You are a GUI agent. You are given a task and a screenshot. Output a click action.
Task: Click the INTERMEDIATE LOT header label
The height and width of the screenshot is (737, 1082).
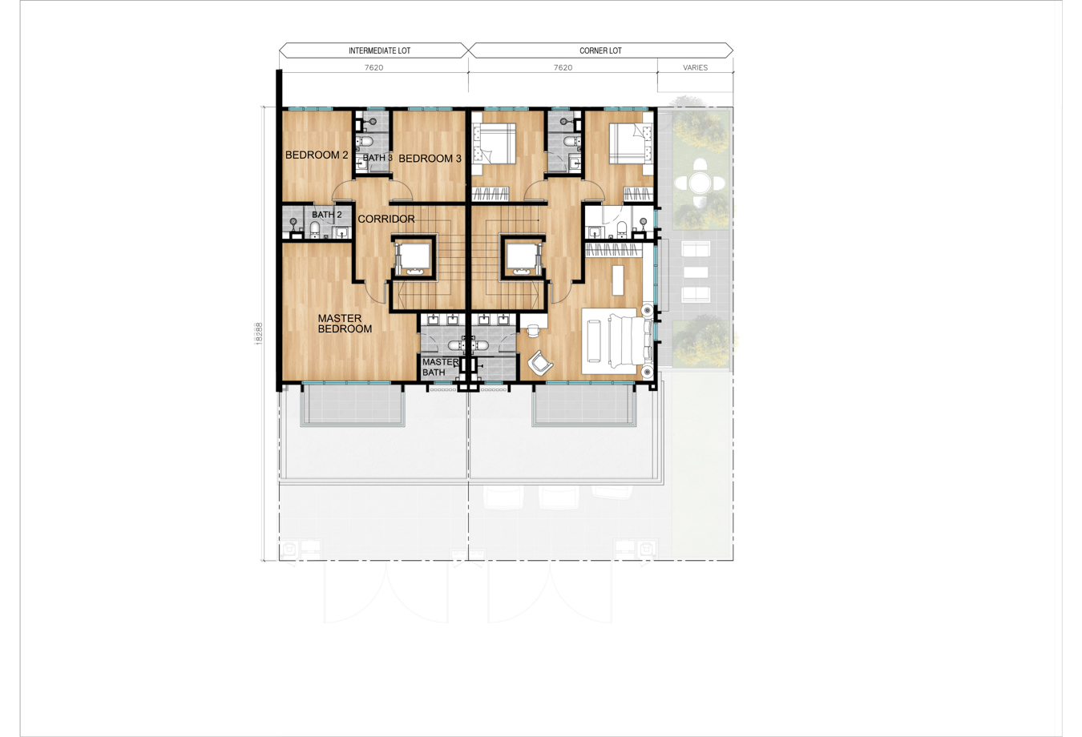click(x=379, y=50)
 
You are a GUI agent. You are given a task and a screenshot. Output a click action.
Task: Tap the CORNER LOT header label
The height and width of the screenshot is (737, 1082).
click(x=600, y=50)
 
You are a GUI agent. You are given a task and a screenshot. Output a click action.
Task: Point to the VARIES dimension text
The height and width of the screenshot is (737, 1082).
click(x=695, y=67)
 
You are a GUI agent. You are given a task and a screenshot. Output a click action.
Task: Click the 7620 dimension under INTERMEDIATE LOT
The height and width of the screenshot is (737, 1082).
click(x=373, y=67)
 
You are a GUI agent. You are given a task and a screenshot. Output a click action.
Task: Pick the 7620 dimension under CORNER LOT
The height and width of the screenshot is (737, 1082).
click(x=563, y=67)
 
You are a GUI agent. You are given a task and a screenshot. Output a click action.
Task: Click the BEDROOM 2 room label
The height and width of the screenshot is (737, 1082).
click(x=317, y=155)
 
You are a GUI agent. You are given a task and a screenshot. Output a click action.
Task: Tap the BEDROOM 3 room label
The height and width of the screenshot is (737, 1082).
click(x=430, y=159)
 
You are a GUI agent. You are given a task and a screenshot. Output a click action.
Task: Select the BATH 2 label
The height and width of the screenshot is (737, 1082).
click(x=326, y=215)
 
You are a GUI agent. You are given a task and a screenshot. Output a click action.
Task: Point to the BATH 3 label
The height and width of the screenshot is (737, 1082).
click(x=377, y=158)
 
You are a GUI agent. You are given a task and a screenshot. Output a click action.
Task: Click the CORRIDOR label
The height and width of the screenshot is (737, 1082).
click(x=386, y=219)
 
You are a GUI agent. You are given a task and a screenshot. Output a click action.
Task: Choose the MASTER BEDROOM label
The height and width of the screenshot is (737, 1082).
click(x=345, y=324)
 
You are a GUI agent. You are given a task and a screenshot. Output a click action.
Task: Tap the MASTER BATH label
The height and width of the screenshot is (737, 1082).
click(x=440, y=367)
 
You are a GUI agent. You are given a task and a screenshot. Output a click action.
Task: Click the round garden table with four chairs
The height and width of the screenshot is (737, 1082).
click(x=700, y=183)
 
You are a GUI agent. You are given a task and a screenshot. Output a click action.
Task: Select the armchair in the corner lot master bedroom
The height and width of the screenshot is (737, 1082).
click(x=540, y=362)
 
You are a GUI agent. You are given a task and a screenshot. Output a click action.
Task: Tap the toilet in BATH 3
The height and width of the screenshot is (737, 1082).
click(x=365, y=141)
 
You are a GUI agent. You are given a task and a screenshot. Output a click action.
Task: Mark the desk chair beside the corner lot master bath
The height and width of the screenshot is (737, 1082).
click(x=533, y=329)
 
